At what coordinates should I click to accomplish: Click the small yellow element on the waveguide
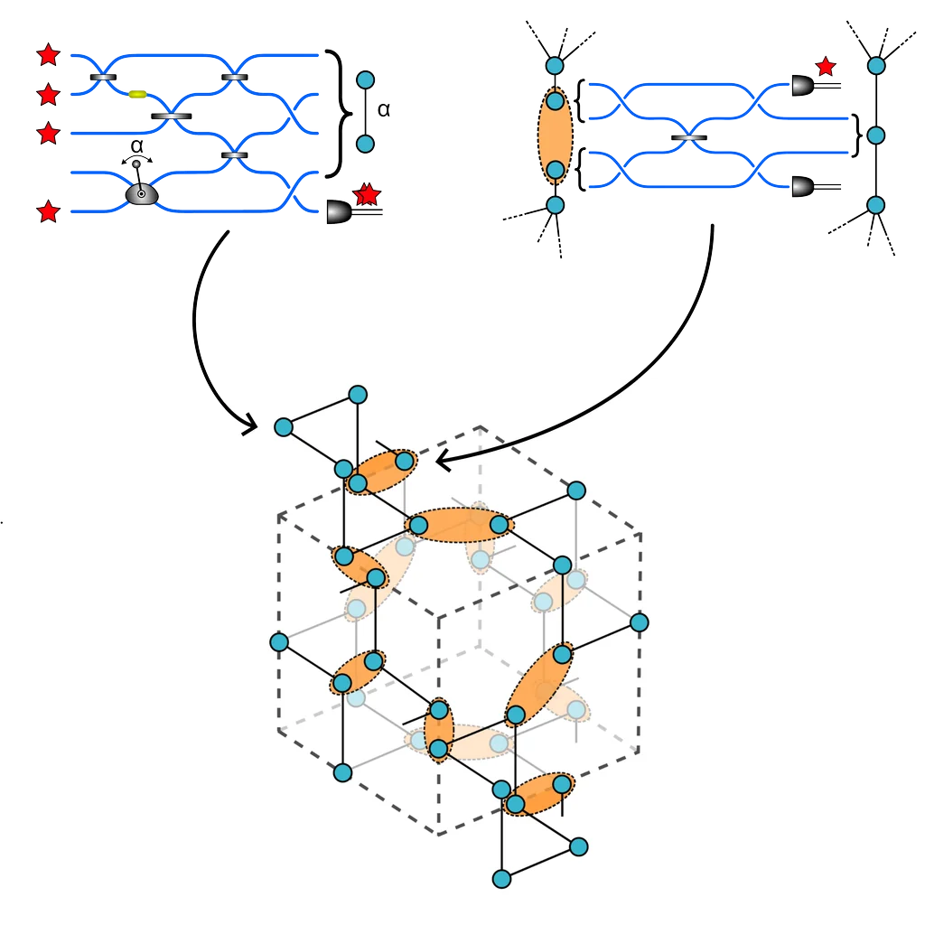coord(138,93)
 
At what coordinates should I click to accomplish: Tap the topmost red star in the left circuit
coord(49,55)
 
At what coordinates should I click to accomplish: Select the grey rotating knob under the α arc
coord(141,192)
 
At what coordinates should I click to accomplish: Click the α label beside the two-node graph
coord(383,110)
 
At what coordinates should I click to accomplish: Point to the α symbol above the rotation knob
coord(136,145)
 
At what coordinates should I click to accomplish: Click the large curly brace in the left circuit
coord(338,113)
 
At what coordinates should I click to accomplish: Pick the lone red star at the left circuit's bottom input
coord(49,212)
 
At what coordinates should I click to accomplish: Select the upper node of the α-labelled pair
coord(365,79)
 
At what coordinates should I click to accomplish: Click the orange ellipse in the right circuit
coord(555,135)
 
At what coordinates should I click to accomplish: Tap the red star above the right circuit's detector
coord(825,66)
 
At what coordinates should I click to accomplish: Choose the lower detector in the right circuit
coord(802,188)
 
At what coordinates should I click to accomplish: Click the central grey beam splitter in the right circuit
coord(689,136)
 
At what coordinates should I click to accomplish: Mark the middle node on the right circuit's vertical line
coord(874,135)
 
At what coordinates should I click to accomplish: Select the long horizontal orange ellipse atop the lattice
coord(461,524)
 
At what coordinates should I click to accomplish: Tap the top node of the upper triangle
coord(358,395)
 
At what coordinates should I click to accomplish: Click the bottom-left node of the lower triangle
coord(502,878)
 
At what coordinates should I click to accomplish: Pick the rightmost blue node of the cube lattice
coord(640,621)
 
